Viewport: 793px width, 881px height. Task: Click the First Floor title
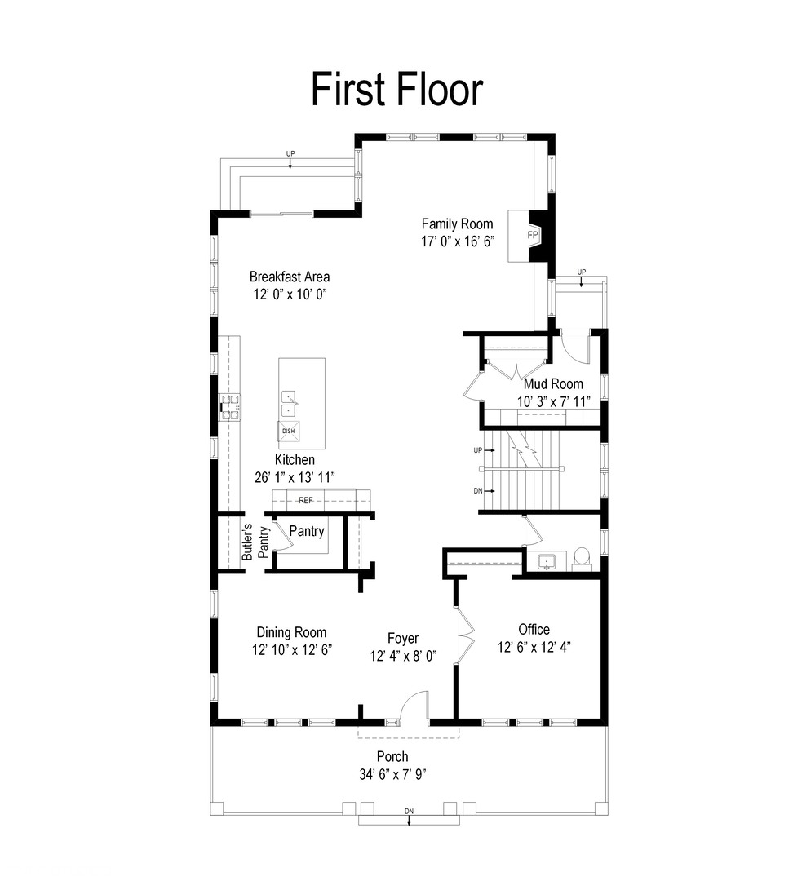pyautogui.click(x=396, y=89)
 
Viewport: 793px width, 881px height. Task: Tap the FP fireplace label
pyautogui.click(x=532, y=235)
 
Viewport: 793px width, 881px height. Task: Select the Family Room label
pyautogui.click(x=457, y=224)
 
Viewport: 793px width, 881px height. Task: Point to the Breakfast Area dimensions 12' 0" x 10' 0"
pyautogui.click(x=290, y=294)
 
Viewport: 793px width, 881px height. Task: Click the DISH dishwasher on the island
pyautogui.click(x=288, y=431)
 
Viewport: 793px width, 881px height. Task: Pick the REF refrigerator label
pyautogui.click(x=305, y=500)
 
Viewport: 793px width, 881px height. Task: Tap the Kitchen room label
pyautogui.click(x=295, y=459)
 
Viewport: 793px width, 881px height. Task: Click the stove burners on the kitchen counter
pyautogui.click(x=230, y=407)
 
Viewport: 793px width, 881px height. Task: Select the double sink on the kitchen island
pyautogui.click(x=289, y=404)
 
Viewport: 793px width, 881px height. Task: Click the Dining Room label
pyautogui.click(x=291, y=632)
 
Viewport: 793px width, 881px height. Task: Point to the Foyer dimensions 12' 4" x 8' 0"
pyautogui.click(x=404, y=656)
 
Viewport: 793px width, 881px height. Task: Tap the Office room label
pyautogui.click(x=534, y=629)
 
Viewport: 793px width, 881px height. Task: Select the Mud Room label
pyautogui.click(x=553, y=383)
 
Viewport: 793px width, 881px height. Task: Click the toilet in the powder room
pyautogui.click(x=583, y=559)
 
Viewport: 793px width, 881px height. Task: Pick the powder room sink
pyautogui.click(x=547, y=561)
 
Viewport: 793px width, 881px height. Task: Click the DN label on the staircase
pyautogui.click(x=478, y=491)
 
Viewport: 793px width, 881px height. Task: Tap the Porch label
pyautogui.click(x=392, y=756)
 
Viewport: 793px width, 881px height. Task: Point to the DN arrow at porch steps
pyautogui.click(x=409, y=820)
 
